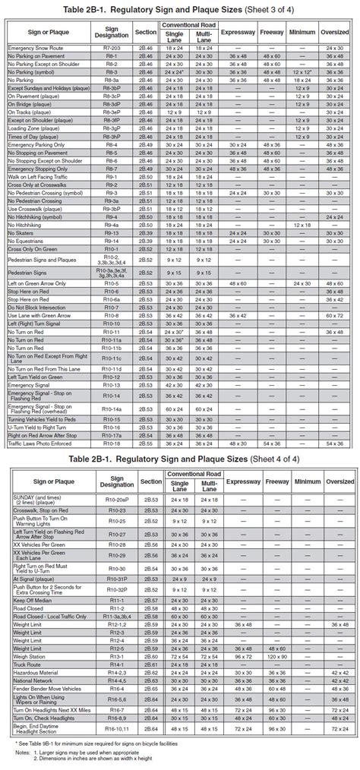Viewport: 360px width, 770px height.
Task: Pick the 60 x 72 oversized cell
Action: [x=334, y=314]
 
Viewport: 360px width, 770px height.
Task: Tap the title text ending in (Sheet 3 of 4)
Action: [x=180, y=10]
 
